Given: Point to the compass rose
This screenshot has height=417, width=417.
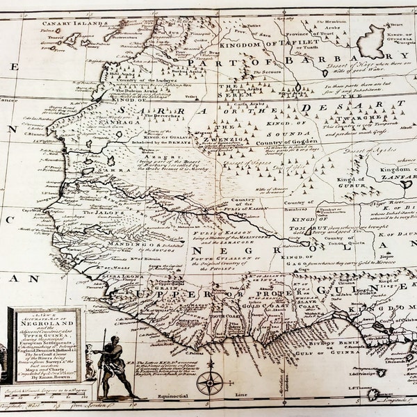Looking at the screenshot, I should pyautogui.click(x=210, y=382).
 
